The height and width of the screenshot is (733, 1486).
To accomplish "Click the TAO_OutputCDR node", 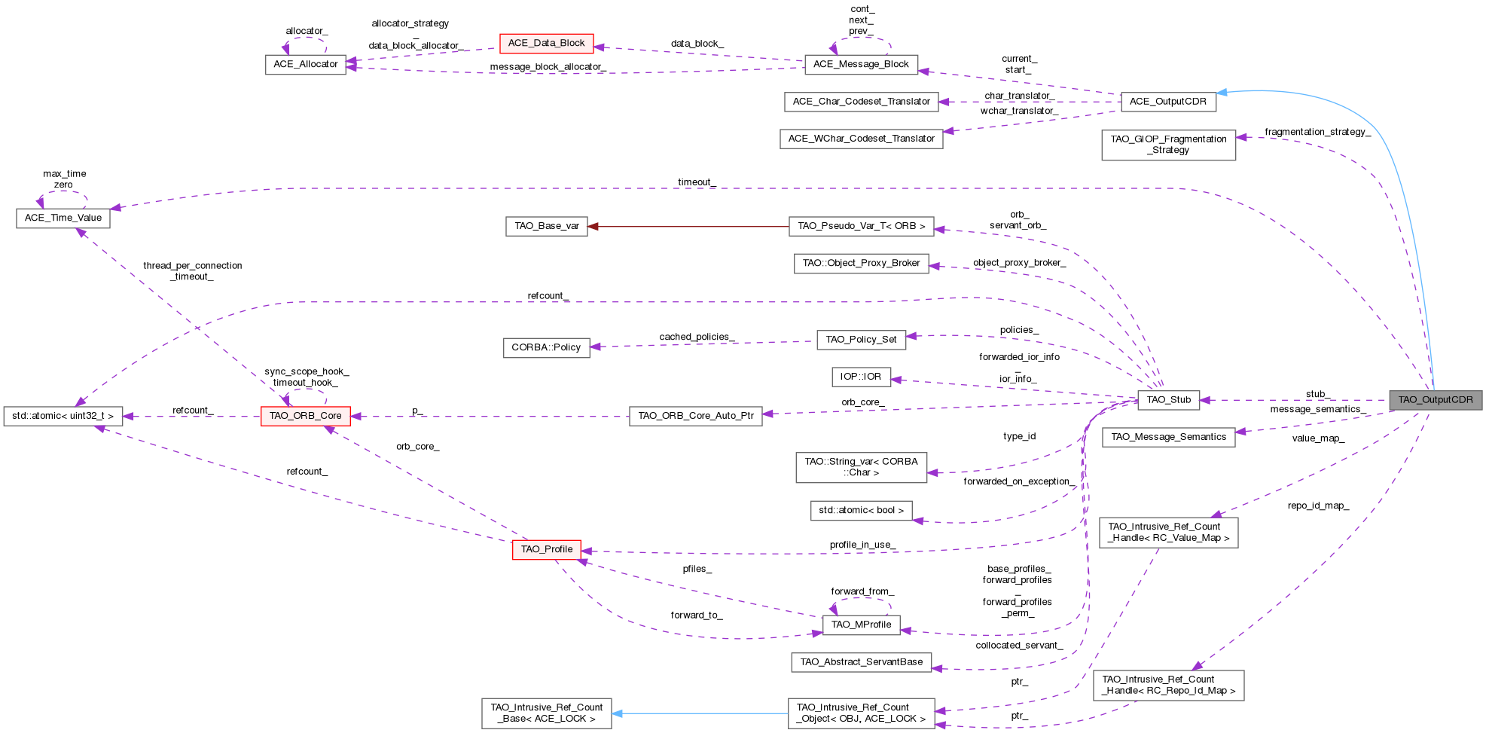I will [x=1435, y=400].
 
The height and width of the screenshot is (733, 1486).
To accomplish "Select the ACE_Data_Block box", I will [x=546, y=43].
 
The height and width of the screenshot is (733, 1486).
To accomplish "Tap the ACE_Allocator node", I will [x=305, y=64].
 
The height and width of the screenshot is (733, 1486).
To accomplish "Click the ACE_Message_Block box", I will [x=861, y=64].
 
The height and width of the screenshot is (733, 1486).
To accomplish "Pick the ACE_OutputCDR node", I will [x=1167, y=102].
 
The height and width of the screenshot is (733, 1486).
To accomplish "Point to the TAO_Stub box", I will [x=1168, y=400].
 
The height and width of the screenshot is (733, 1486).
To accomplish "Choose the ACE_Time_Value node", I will [x=63, y=218].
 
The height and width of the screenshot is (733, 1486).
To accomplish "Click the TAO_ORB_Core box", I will [x=305, y=416].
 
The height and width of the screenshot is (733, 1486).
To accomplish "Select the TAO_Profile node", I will [x=546, y=549].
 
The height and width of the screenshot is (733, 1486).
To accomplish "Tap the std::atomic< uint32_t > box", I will [x=63, y=416].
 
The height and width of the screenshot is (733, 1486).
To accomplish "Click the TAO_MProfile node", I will [x=861, y=625].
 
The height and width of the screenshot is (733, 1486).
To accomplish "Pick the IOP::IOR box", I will [x=861, y=377].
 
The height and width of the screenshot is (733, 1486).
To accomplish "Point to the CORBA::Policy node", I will [x=546, y=347].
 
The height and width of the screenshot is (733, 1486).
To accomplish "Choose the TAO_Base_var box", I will [x=546, y=226].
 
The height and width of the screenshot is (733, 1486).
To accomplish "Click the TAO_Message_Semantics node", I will [x=1168, y=437].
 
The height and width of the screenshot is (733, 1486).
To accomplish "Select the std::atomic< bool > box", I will [x=861, y=511].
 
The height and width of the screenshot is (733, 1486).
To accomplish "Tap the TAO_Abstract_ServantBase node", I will [x=861, y=662].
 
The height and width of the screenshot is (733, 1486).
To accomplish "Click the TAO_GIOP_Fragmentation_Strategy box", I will [x=1168, y=145].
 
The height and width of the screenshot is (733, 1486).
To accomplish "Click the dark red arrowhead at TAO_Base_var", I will [x=593, y=226].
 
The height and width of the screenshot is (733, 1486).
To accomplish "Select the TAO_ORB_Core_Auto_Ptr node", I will [x=695, y=416].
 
